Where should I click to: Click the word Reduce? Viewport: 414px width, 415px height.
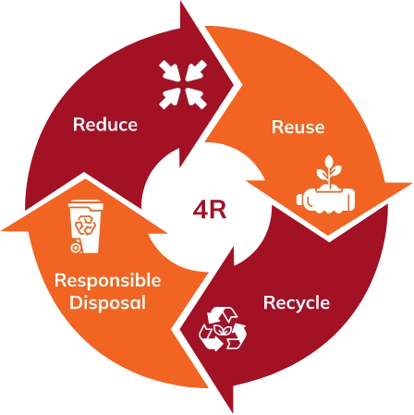105,125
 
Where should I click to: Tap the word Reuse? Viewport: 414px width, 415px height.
298,127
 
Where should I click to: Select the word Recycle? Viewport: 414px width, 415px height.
297,303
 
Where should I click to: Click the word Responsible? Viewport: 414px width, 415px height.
108,281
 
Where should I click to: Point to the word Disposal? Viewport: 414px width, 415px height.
107,303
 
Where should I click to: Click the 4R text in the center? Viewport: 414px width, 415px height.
210,210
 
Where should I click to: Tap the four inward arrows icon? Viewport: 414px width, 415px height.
183,84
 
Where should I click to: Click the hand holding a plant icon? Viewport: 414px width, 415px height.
325,184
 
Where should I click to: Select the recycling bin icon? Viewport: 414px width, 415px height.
85,226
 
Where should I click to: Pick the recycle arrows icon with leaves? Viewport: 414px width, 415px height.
223,329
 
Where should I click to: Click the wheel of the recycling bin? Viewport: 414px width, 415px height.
75,248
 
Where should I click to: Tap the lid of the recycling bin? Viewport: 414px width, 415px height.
86,204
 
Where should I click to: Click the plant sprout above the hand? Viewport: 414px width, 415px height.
329,172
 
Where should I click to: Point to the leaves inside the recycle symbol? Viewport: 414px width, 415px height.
222,330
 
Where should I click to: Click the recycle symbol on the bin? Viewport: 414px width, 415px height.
86,226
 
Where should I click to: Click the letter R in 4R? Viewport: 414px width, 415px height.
217,210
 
